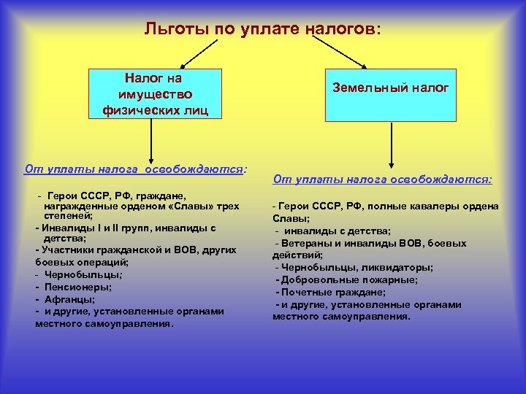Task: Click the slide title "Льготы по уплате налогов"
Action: pyautogui.click(x=262, y=28)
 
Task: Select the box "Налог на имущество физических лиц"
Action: pyautogui.click(x=153, y=94)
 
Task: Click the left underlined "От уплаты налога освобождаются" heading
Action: pyautogui.click(x=135, y=169)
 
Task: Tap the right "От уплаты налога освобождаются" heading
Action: pyautogui.click(x=382, y=178)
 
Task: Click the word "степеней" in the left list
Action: pyautogui.click(x=66, y=217)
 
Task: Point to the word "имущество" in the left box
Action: pyautogui.click(x=154, y=94)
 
